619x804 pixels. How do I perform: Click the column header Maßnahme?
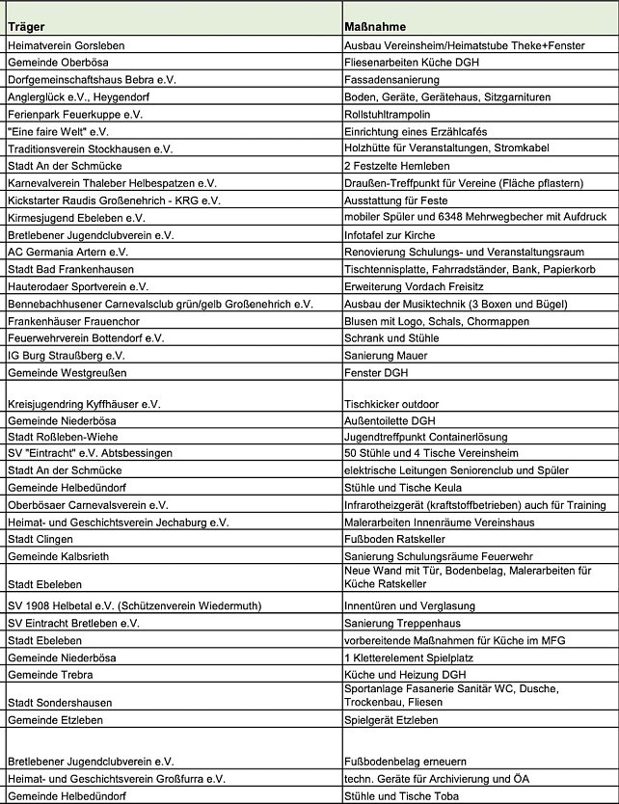tap(375, 27)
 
